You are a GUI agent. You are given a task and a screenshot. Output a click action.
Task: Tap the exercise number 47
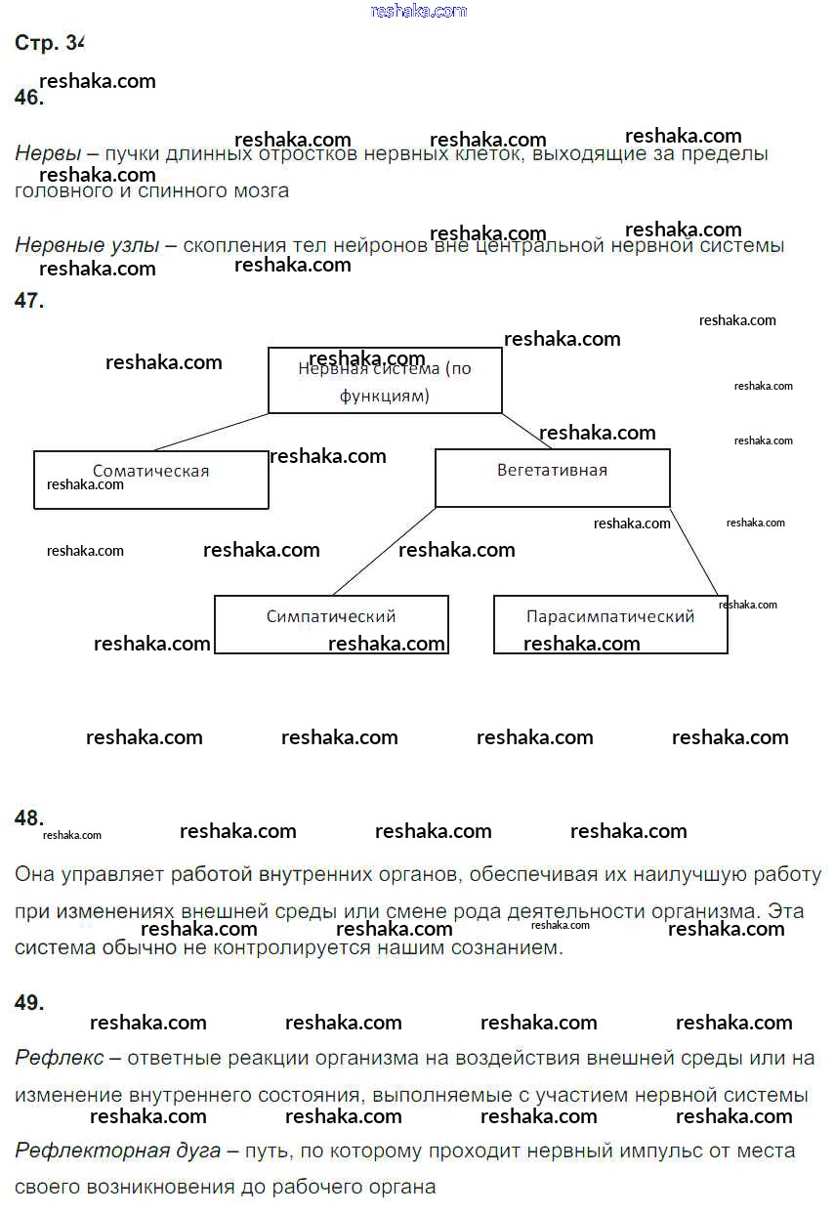click(29, 301)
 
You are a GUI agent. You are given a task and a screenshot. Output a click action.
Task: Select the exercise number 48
click(29, 818)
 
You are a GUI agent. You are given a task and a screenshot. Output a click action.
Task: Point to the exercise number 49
click(29, 1002)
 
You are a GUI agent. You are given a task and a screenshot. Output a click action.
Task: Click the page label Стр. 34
click(50, 43)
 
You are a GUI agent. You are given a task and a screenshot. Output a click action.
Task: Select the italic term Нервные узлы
click(87, 246)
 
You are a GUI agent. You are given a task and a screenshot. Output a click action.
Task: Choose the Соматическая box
click(150, 480)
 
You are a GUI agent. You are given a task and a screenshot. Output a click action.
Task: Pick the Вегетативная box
click(552, 478)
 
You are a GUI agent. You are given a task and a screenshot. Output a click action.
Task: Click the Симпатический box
click(331, 624)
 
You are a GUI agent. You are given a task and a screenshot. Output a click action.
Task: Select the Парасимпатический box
click(610, 624)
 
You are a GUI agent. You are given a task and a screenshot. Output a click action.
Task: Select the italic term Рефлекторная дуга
click(117, 1151)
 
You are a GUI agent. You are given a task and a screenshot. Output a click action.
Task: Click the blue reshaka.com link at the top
click(419, 12)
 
